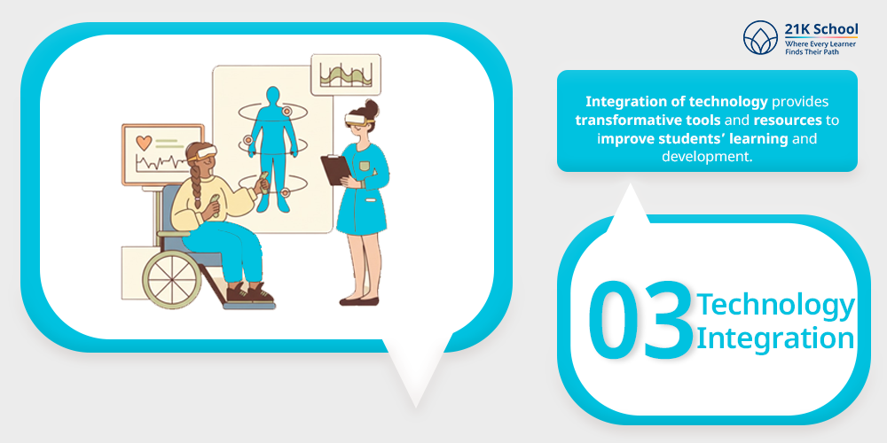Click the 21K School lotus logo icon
[760, 38]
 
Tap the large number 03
[640, 320]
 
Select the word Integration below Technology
[775, 338]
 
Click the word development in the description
[707, 157]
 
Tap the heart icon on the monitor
[144, 143]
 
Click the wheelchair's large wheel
[171, 279]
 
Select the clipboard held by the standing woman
[335, 169]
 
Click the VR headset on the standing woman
[358, 120]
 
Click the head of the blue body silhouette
[273, 96]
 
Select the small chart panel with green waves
[346, 74]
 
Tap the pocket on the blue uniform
[365, 167]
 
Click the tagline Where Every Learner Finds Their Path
[820, 48]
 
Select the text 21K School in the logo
[821, 29]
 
